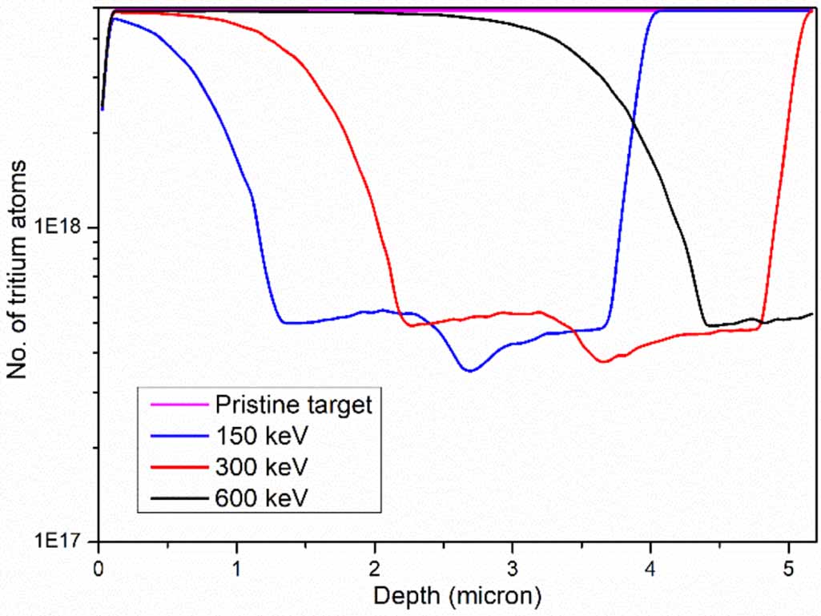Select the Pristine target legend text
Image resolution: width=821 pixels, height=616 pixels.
pyautogui.click(x=293, y=405)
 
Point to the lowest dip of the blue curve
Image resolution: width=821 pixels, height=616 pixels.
pyautogui.click(x=470, y=371)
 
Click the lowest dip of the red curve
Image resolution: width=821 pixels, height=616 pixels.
pyautogui.click(x=603, y=362)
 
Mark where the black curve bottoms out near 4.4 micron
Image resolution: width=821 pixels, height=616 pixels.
pyautogui.click(x=708, y=325)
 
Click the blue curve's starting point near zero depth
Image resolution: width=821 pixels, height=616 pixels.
pyautogui.click(x=102, y=109)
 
